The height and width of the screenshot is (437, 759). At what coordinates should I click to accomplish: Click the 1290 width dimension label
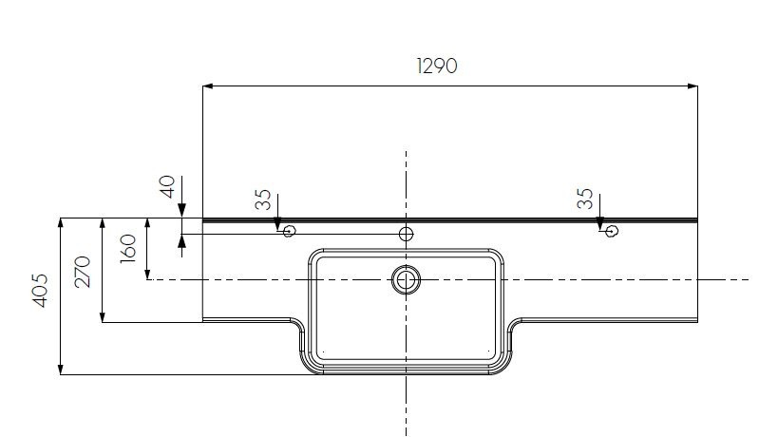coord(437,66)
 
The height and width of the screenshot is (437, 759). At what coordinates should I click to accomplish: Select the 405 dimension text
coord(41,291)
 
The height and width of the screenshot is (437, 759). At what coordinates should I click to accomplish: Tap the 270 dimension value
coord(83,272)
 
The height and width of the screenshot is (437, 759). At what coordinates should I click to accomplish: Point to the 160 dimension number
coord(128,249)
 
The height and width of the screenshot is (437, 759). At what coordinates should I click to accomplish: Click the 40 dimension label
coord(167,187)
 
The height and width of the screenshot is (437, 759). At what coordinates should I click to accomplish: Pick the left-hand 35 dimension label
coord(263,199)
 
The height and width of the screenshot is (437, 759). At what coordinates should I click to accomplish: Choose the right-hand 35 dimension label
coord(585,199)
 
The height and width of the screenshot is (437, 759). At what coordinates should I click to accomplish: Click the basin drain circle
coord(406,279)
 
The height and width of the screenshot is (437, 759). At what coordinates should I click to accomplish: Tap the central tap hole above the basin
coord(406,235)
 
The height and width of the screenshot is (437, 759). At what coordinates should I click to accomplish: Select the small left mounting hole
coord(290,231)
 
